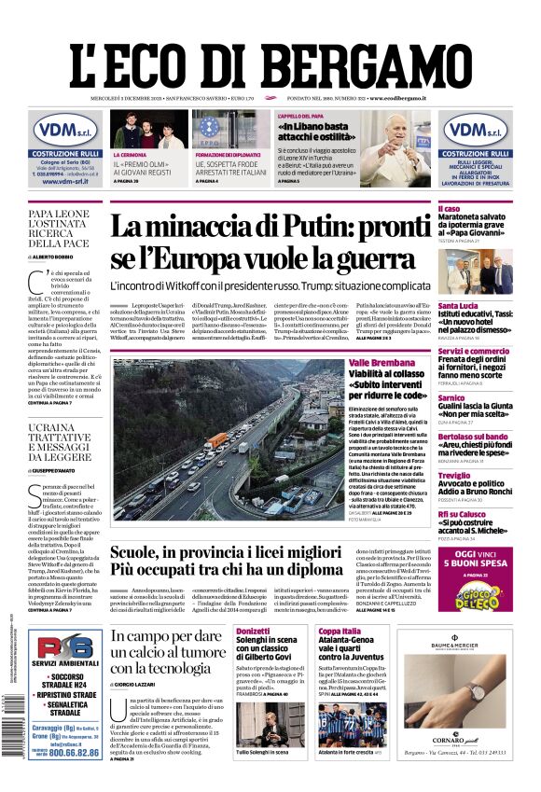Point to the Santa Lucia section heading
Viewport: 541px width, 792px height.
tap(460, 305)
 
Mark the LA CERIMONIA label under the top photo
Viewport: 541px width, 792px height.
tap(131, 155)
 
